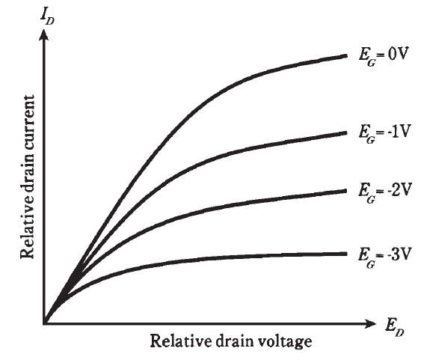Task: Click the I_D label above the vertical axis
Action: (x=48, y=17)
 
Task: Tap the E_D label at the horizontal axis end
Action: (x=394, y=328)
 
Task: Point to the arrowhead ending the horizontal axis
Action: (x=369, y=324)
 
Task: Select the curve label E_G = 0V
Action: (x=384, y=57)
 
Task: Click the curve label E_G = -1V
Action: (x=384, y=134)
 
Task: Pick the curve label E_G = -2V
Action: (x=384, y=192)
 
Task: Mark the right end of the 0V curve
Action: (x=347, y=55)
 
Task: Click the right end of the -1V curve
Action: (x=347, y=132)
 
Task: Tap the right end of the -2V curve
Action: (x=347, y=190)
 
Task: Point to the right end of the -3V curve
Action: (x=347, y=254)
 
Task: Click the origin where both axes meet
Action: (x=44, y=323)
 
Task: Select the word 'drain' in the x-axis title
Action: (x=234, y=341)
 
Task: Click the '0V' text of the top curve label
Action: (x=398, y=55)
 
